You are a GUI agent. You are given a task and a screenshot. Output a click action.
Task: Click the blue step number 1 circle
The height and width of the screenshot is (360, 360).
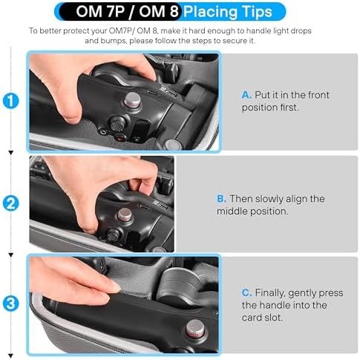point(11,101)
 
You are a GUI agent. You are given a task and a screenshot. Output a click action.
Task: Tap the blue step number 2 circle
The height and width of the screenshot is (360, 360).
point(11,203)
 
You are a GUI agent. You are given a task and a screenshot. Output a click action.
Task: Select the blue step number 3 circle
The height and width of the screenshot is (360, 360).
point(11,304)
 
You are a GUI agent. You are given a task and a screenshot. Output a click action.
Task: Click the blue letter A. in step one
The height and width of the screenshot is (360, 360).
point(246,95)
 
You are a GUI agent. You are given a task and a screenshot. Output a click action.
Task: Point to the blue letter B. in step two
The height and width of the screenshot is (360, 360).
point(221,199)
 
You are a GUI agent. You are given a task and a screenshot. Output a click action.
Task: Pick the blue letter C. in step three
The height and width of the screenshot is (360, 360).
point(246,292)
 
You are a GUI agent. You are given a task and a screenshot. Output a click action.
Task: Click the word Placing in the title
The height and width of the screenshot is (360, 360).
point(210,12)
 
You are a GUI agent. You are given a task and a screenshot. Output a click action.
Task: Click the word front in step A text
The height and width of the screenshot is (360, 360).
point(317,95)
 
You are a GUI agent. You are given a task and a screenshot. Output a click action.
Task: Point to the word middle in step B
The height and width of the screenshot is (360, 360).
point(232,212)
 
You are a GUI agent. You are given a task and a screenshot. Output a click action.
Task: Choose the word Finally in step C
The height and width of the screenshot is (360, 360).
point(270,293)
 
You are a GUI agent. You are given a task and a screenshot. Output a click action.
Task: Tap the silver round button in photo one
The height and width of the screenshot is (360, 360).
point(132,100)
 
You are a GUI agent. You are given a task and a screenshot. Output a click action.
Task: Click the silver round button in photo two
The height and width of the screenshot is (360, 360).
point(125,215)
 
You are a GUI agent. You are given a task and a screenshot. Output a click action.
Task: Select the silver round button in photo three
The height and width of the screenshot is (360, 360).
point(195,328)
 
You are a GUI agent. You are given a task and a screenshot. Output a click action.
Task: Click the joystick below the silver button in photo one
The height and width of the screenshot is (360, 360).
point(117,123)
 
